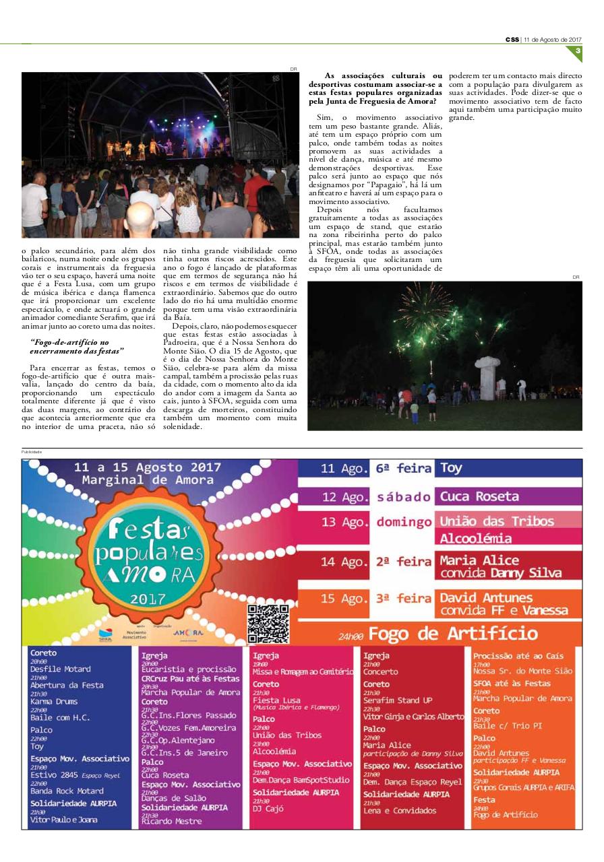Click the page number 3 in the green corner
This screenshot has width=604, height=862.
(577, 50)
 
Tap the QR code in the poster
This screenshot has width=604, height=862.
(268, 624)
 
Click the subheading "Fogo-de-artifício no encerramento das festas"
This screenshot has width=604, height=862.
(78, 347)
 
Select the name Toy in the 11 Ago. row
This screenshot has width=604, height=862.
(451, 468)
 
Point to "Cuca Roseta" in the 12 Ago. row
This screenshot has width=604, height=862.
(479, 497)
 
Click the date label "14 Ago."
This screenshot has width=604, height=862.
(344, 562)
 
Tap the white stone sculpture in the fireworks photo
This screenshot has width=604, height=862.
(487, 377)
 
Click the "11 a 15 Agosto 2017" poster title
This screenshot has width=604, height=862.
(148, 467)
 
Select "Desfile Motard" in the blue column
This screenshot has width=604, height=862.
(60, 669)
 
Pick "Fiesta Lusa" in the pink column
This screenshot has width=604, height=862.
(276, 700)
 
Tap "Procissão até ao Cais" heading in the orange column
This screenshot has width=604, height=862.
(518, 656)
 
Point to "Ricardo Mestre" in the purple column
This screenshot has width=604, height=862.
(171, 821)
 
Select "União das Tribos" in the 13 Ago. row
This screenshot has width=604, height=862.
(497, 521)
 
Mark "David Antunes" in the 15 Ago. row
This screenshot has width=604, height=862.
(485, 597)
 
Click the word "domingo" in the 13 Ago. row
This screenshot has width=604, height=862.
(404, 522)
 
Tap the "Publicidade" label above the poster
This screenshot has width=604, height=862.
(32, 452)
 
